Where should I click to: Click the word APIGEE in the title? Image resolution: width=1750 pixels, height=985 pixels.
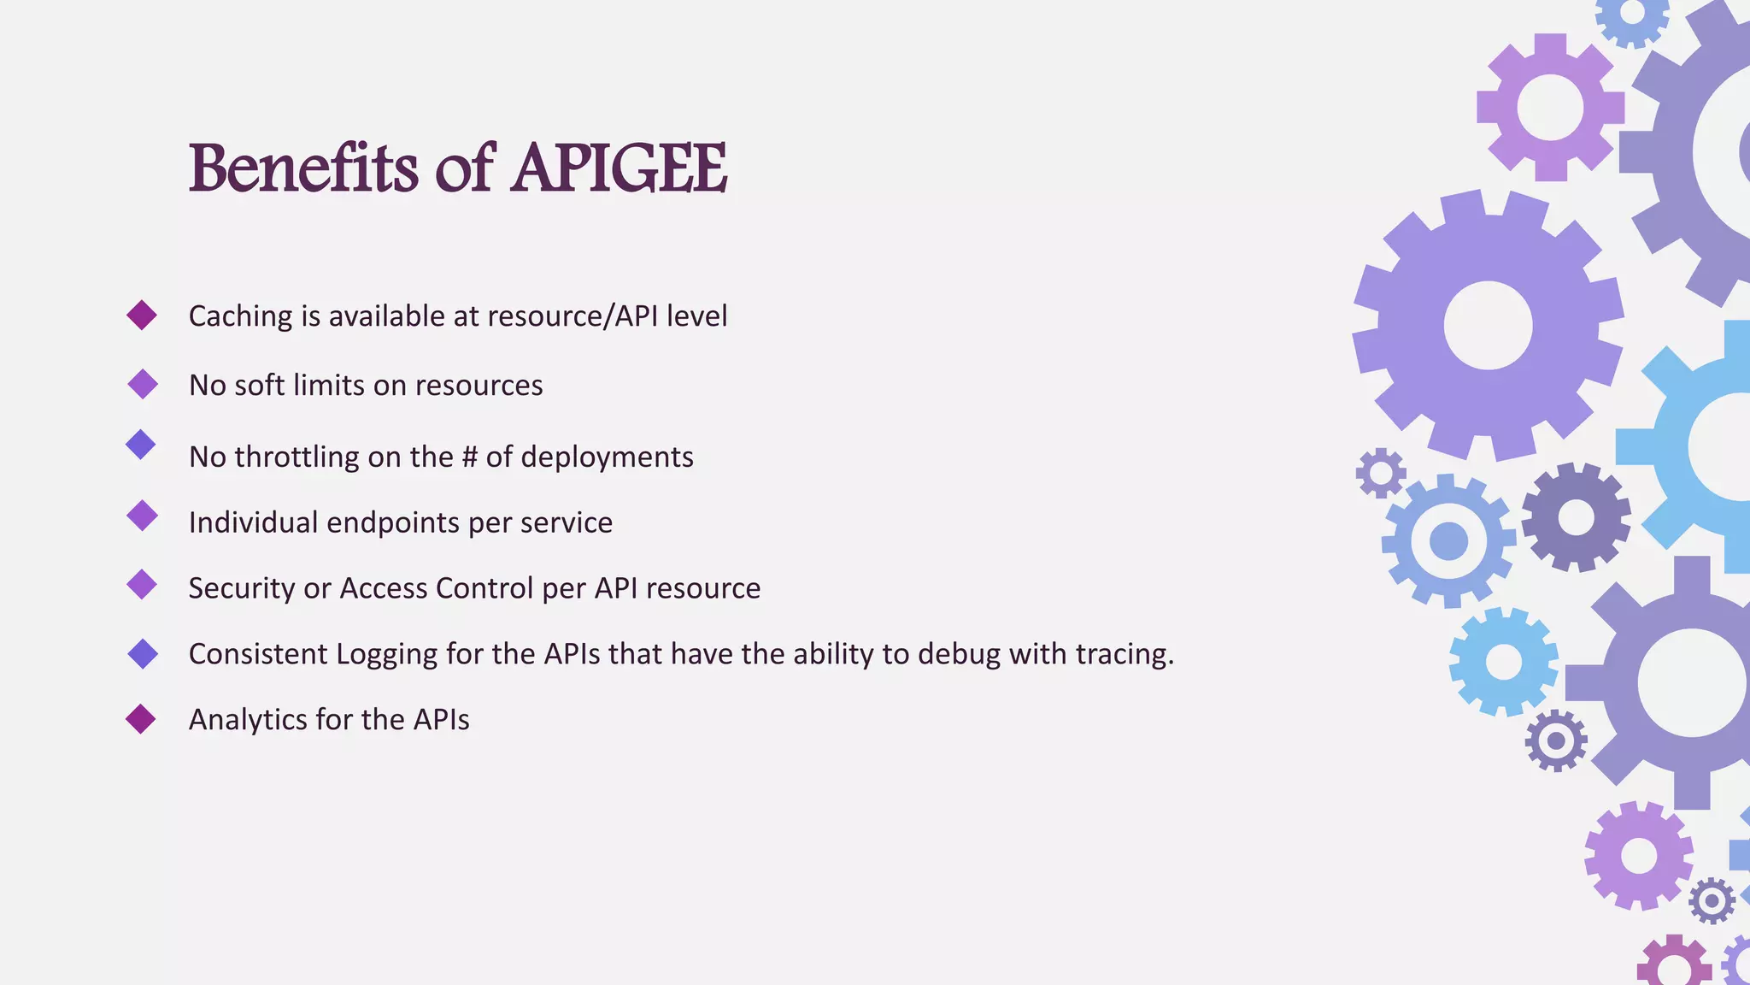click(620, 168)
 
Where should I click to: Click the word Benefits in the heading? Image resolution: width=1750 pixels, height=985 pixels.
click(303, 168)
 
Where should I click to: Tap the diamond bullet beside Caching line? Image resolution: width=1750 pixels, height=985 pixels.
click(142, 316)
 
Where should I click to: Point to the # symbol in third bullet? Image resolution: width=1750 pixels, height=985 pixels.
click(469, 457)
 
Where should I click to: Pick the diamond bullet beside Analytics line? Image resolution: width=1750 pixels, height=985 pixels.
click(141, 719)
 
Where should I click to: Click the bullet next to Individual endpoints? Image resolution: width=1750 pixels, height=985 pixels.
click(142, 516)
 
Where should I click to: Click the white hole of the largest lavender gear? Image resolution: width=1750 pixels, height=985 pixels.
click(1488, 326)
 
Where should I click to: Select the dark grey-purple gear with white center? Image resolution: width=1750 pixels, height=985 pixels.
click(1576, 517)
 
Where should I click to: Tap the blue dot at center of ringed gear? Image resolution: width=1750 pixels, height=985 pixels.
click(1448, 541)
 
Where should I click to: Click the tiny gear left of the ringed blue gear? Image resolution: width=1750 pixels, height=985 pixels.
click(1380, 473)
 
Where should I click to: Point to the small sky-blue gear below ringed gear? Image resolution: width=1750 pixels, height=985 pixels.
click(1503, 662)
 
